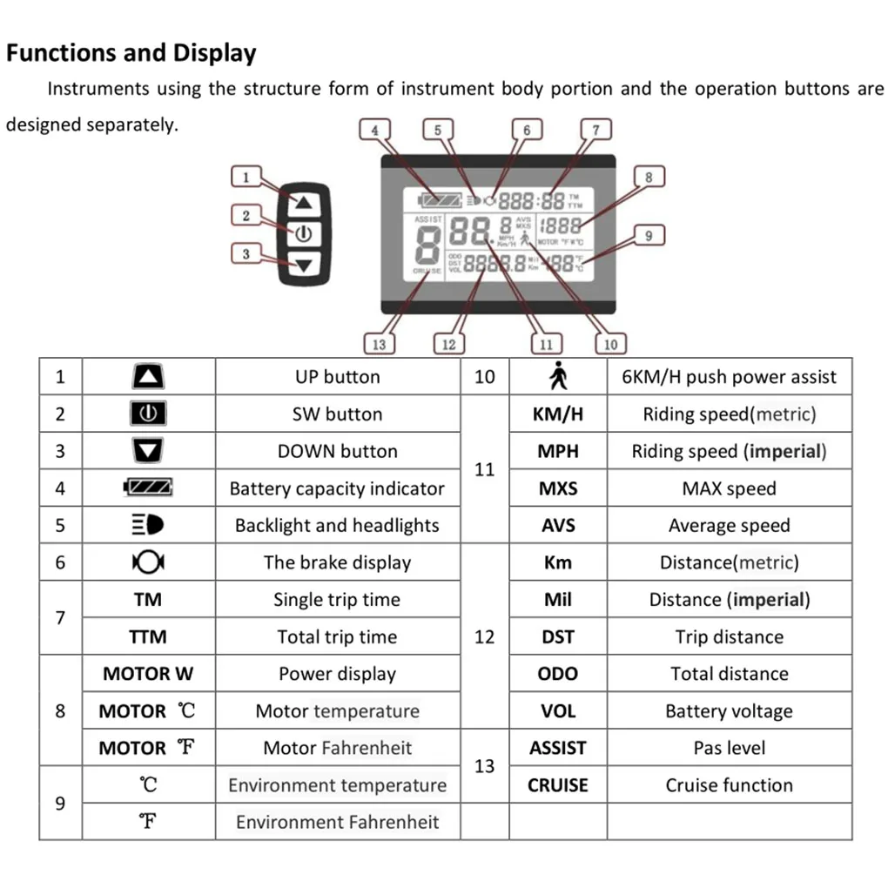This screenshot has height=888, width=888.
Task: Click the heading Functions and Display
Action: [131, 53]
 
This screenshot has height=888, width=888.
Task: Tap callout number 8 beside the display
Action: [648, 177]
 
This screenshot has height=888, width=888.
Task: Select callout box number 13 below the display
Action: [379, 344]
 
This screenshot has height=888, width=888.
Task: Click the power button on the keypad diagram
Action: [303, 233]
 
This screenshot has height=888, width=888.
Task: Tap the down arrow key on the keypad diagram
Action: [303, 265]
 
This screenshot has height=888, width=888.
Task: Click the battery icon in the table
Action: [148, 488]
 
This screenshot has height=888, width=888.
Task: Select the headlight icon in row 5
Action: [148, 526]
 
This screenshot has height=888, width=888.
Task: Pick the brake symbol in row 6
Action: [148, 562]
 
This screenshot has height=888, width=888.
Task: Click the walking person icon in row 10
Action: [557, 377]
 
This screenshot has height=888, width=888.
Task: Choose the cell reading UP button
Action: [338, 377]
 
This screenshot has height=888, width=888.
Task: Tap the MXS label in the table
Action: [557, 488]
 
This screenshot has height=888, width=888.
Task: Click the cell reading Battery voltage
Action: [729, 711]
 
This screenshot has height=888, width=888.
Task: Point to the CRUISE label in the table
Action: [557, 785]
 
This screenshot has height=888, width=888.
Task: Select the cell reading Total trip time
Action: [338, 637]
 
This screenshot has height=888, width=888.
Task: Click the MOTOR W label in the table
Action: [148, 674]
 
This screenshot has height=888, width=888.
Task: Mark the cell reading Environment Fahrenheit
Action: [338, 822]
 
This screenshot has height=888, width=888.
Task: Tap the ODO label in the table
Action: [557, 674]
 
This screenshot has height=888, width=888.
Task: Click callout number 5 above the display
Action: [437, 131]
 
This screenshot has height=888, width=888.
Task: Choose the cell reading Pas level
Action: [729, 748]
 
